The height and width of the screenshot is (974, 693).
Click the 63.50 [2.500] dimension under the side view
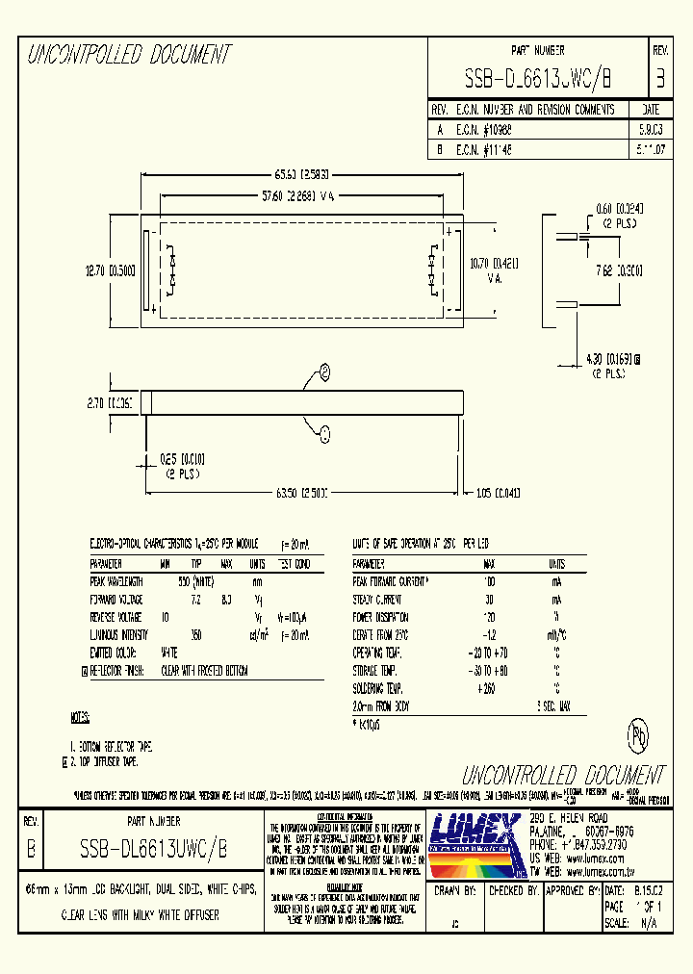[x=301, y=493]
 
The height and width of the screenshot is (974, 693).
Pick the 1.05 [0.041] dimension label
[x=498, y=493]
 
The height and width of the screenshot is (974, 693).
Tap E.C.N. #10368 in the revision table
[x=485, y=128]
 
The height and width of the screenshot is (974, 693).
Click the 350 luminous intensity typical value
[x=195, y=635]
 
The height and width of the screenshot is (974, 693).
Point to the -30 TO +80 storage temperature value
[x=488, y=670]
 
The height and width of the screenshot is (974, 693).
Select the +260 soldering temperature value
[x=488, y=688]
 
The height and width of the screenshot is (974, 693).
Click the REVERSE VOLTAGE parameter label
[x=115, y=617]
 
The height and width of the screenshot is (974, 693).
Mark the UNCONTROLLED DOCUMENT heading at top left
[x=128, y=55]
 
